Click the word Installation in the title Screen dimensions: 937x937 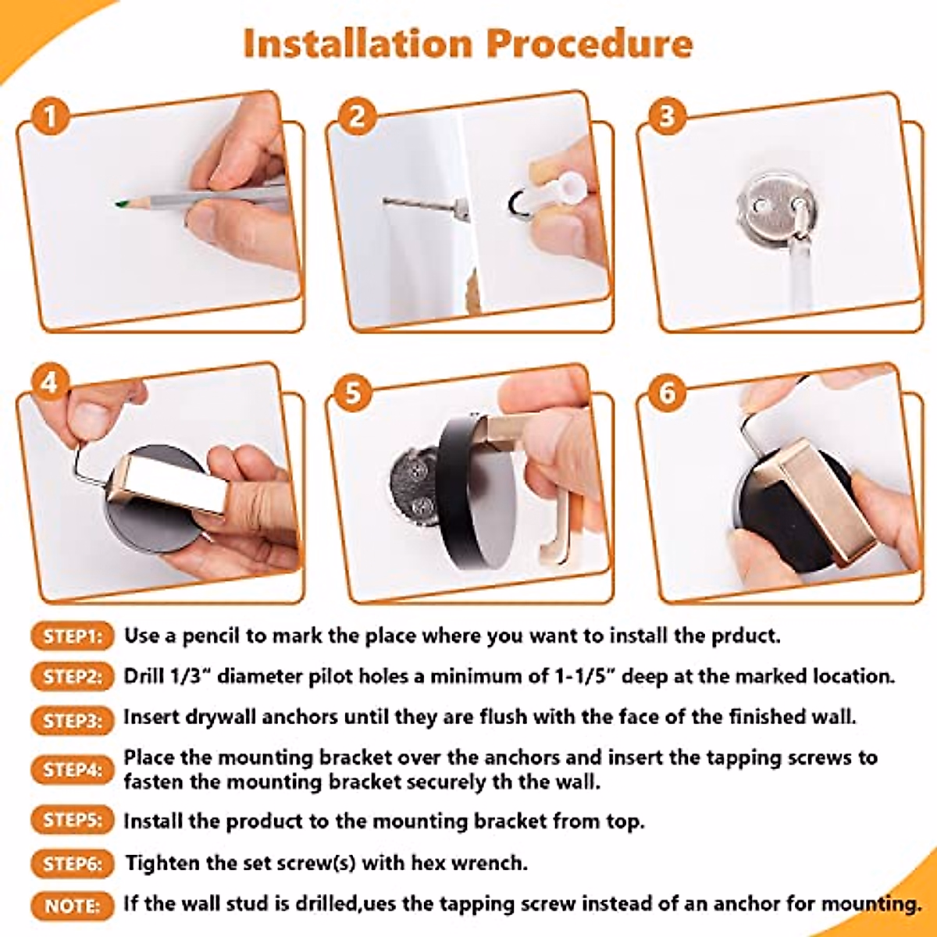[x=358, y=44]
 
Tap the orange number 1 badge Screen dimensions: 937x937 [x=51, y=118]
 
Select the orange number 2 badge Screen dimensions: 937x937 [x=358, y=117]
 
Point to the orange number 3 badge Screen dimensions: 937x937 [x=667, y=117]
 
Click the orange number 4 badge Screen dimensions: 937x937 [x=51, y=383]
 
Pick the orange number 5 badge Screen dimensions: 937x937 [x=354, y=392]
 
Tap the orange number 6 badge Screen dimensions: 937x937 [x=667, y=392]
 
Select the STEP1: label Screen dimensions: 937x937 [x=72, y=636]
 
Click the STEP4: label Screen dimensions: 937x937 [x=72, y=770]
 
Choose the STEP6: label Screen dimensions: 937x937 [x=72, y=864]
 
